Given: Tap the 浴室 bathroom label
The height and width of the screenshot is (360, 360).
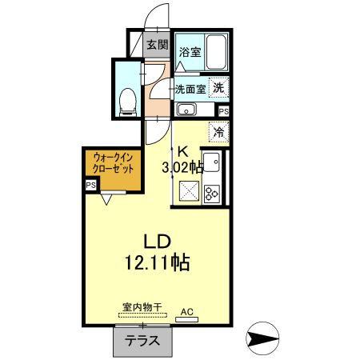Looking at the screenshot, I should pyautogui.click(x=190, y=53).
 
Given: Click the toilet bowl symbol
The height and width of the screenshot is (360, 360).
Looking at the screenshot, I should pyautogui.click(x=126, y=99).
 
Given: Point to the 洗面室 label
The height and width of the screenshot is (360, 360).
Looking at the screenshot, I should pyautogui.click(x=191, y=89).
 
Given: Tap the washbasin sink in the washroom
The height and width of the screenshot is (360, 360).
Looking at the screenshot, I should pyautogui.click(x=186, y=110).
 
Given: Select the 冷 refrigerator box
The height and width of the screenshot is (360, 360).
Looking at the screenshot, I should pyautogui.click(x=218, y=132).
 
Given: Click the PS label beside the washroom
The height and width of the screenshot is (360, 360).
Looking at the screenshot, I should pyautogui.click(x=223, y=111).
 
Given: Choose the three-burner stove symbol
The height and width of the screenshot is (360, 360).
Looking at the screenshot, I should pyautogui.click(x=213, y=192).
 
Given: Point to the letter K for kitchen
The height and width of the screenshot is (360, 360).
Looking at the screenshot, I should pyautogui.click(x=182, y=150).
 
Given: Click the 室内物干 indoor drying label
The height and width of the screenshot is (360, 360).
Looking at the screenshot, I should pyautogui.click(x=142, y=306).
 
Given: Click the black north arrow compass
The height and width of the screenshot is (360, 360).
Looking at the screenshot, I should pyautogui.click(x=262, y=340).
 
